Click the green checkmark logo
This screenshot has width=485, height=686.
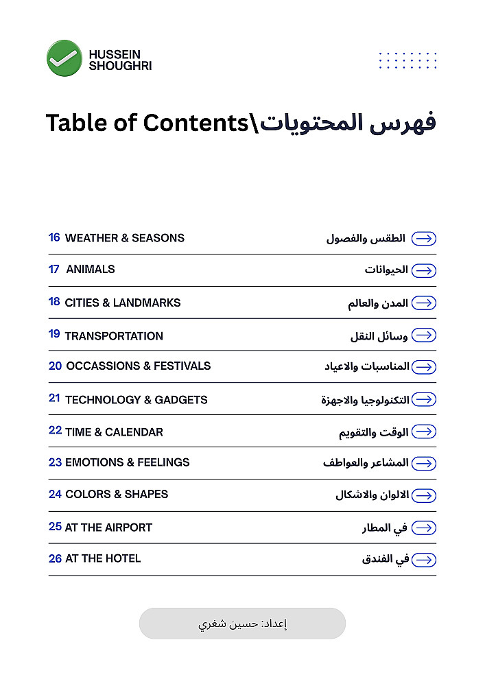(x=64, y=58)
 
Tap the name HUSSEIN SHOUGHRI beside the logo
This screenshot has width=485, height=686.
(x=120, y=60)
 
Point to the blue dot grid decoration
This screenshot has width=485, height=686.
(x=408, y=60)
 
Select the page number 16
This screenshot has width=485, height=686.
(x=54, y=238)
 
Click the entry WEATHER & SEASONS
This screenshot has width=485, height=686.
(x=124, y=238)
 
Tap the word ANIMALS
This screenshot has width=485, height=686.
(x=91, y=270)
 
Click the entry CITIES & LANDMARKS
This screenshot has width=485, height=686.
(x=123, y=303)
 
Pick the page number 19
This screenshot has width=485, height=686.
(x=54, y=335)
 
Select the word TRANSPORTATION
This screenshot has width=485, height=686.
(x=114, y=336)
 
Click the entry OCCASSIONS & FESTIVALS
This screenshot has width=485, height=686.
(x=138, y=366)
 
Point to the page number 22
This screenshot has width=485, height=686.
(x=56, y=431)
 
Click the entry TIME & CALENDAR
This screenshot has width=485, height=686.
(x=114, y=432)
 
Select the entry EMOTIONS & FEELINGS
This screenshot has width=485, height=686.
(x=127, y=462)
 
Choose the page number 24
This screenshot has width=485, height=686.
(x=55, y=494)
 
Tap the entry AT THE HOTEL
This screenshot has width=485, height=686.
(x=103, y=558)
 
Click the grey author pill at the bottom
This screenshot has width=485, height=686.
(x=242, y=624)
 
